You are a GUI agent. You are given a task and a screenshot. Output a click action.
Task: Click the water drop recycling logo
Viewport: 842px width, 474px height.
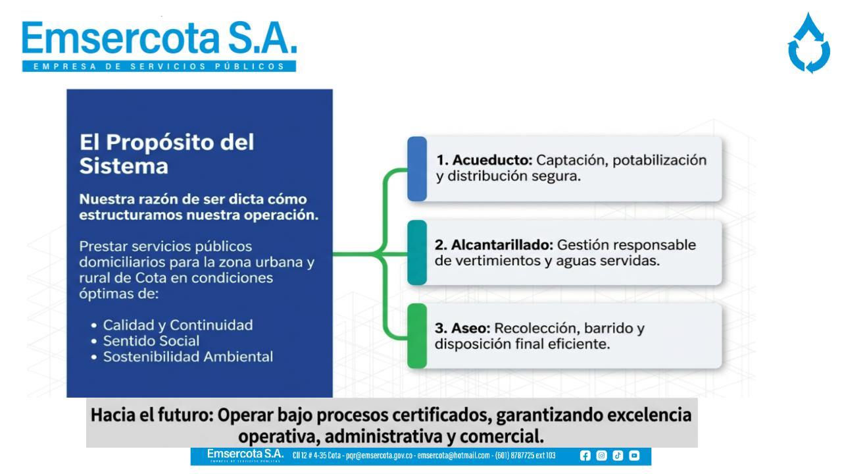pyautogui.click(x=809, y=43)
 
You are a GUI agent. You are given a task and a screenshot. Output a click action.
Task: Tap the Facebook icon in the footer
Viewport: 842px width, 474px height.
pyautogui.click(x=585, y=456)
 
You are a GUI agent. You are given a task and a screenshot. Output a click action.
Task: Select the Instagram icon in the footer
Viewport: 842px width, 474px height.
pyautogui.click(x=601, y=456)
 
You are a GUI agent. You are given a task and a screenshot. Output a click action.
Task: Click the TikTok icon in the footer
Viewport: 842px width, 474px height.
pyautogui.click(x=618, y=456)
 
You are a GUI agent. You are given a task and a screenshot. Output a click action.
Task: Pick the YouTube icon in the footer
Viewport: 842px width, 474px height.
pyautogui.click(x=634, y=456)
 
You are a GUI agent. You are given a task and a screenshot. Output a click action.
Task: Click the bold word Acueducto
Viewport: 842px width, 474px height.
pyautogui.click(x=493, y=160)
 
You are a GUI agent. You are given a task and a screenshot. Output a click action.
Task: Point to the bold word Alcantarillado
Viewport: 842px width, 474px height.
pyautogui.click(x=502, y=245)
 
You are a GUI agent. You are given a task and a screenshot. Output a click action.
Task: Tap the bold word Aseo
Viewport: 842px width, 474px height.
pyautogui.click(x=470, y=329)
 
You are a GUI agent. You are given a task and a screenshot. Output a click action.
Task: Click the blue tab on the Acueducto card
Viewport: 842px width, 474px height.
pyautogui.click(x=417, y=169)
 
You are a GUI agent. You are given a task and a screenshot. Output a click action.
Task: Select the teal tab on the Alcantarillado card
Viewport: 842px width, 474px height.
pyautogui.click(x=417, y=252)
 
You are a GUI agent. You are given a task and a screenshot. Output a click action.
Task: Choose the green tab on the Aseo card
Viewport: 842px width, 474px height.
pyautogui.click(x=417, y=336)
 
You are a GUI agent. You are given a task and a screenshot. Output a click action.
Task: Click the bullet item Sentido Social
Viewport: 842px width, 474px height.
pyautogui.click(x=151, y=341)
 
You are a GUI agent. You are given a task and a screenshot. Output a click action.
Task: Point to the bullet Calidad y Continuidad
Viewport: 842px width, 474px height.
pyautogui.click(x=178, y=325)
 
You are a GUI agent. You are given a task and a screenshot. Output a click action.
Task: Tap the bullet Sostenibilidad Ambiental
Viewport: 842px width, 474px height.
pyautogui.click(x=188, y=357)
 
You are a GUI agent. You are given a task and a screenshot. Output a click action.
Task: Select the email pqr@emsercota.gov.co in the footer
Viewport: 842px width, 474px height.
pyautogui.click(x=380, y=456)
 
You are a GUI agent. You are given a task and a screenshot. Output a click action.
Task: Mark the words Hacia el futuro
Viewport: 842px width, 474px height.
pyautogui.click(x=152, y=415)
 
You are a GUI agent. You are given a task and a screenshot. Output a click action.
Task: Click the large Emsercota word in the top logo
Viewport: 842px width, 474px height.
pyautogui.click(x=120, y=38)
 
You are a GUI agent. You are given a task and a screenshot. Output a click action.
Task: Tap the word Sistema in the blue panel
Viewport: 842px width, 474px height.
pyautogui.click(x=124, y=166)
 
